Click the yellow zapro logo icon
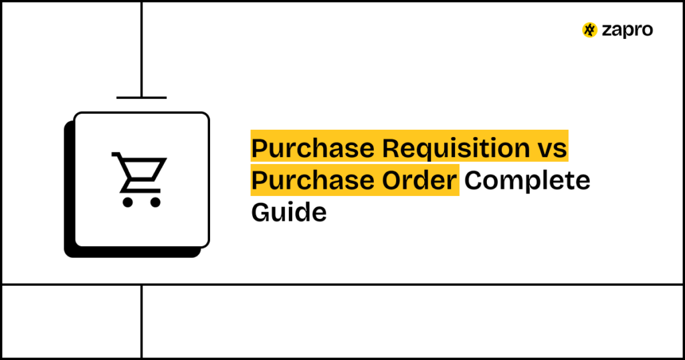pos(589,30)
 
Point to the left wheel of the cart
pos(126,201)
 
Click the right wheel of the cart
pos(155,201)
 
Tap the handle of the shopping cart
pos(116,156)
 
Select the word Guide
pos(289,212)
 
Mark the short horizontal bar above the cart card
pos(141,98)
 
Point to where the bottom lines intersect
pos(141,284)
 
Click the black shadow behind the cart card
pos(68,201)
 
